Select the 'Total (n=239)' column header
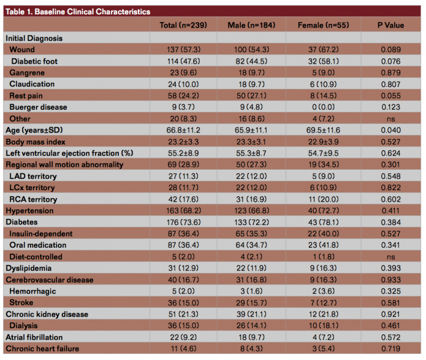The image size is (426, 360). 184,25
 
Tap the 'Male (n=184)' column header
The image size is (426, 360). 251,25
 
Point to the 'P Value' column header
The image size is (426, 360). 391,25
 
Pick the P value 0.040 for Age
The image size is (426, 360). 391,130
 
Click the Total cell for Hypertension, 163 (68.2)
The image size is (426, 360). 184,211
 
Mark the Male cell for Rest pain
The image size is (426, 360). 251,95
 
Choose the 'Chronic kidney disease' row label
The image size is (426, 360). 47,314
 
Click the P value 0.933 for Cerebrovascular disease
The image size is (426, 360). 391,280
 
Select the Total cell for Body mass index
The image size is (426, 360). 184,142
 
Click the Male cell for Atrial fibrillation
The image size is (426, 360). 251,337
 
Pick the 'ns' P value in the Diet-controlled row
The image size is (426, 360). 391,257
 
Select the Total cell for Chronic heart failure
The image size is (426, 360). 184,349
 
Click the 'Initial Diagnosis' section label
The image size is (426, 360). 34,38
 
